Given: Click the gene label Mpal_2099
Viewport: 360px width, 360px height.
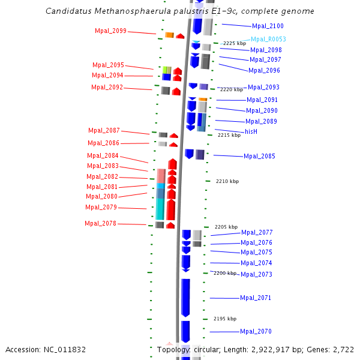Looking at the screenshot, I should (110, 31).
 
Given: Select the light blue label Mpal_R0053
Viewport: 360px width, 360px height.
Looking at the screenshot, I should (268, 39).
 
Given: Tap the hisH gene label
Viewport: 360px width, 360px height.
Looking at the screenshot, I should (251, 131).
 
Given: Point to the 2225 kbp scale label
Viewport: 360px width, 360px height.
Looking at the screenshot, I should (235, 44).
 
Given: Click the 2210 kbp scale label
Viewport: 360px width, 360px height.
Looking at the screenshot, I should (227, 181).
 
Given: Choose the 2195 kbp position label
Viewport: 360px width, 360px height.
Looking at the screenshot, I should (225, 319).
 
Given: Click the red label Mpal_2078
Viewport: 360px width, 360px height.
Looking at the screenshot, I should (100, 223).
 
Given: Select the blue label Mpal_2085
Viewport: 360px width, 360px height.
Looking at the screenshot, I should (259, 156).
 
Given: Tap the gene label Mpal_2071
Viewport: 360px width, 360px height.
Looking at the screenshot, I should (256, 298).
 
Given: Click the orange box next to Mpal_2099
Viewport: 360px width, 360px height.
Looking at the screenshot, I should (169, 35).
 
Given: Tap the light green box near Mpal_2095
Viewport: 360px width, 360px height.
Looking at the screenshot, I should (167, 70).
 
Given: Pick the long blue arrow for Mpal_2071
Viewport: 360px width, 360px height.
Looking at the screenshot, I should (185, 297).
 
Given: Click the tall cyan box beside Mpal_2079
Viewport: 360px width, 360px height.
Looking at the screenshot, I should (160, 208).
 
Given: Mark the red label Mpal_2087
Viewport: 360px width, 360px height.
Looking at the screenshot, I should (104, 130).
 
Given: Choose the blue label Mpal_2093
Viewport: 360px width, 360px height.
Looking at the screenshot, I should (263, 87).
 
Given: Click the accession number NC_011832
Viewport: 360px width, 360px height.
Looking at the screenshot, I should (65, 349).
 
